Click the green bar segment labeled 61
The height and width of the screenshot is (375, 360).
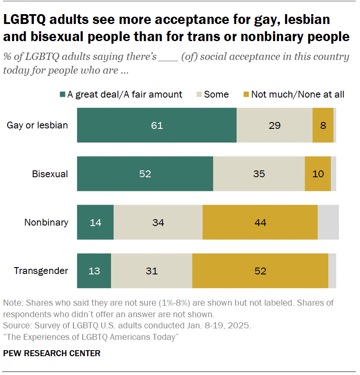pyautogui.click(x=156, y=125)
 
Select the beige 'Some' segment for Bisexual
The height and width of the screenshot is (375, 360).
pyautogui.click(x=259, y=174)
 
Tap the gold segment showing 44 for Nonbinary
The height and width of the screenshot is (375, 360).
pyautogui.click(x=260, y=222)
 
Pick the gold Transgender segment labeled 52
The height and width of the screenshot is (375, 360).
pyautogui.click(x=260, y=271)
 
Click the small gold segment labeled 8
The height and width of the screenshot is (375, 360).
pyautogui.click(x=323, y=125)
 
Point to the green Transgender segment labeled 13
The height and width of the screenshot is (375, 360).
pyautogui.click(x=94, y=271)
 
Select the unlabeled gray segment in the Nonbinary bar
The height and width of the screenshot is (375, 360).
pyautogui.click(x=328, y=222)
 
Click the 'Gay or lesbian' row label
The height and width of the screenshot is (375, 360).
pyautogui.click(x=37, y=125)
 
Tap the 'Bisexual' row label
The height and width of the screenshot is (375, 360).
pyautogui.click(x=50, y=174)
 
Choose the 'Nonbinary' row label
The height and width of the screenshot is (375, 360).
pyautogui.click(x=46, y=222)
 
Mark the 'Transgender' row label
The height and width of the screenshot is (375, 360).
pyautogui.click(x=41, y=271)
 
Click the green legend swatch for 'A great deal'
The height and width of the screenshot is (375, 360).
pyautogui.click(x=62, y=95)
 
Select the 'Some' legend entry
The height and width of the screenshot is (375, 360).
pyautogui.click(x=216, y=95)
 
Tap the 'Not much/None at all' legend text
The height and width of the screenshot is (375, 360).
pyautogui.click(x=297, y=95)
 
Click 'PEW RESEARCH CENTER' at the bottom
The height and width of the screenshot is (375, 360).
pyautogui.click(x=52, y=353)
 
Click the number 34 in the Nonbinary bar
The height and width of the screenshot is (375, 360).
pyautogui.click(x=158, y=222)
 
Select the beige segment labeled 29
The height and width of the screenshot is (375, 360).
pyautogui.click(x=274, y=125)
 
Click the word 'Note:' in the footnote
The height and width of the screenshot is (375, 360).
pyautogui.click(x=13, y=303)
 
